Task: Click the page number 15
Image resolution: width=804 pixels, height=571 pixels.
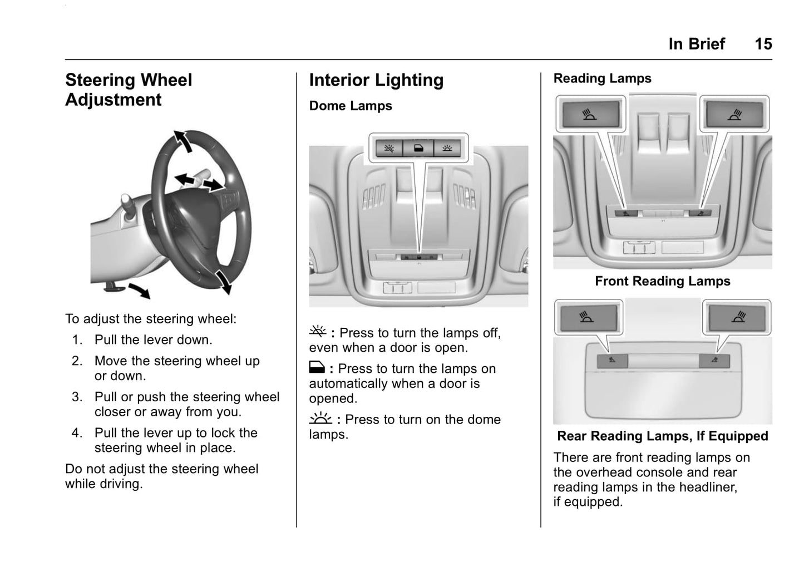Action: click(763, 44)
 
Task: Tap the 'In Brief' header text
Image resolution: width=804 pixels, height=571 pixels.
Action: click(697, 44)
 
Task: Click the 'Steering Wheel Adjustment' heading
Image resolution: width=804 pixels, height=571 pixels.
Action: click(129, 90)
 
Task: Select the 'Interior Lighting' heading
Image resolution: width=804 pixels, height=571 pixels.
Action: click(376, 80)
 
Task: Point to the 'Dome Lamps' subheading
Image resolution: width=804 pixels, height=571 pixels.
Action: click(351, 106)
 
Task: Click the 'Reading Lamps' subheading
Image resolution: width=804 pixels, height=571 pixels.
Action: click(602, 78)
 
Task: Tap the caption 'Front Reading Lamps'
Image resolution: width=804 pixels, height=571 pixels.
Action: click(662, 281)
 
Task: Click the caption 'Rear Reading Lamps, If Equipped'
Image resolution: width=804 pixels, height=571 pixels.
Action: click(662, 436)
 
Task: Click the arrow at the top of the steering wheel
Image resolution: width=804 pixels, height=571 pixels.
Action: click(183, 141)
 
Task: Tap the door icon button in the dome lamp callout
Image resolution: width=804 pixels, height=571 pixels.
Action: click(418, 149)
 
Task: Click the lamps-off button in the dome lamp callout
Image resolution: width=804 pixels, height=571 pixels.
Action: click(389, 149)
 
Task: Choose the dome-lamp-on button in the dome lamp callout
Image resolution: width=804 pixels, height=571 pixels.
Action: click(447, 149)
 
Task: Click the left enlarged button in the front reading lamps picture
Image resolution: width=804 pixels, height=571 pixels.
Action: click(590, 115)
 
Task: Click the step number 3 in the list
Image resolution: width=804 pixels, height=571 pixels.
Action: click(77, 397)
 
